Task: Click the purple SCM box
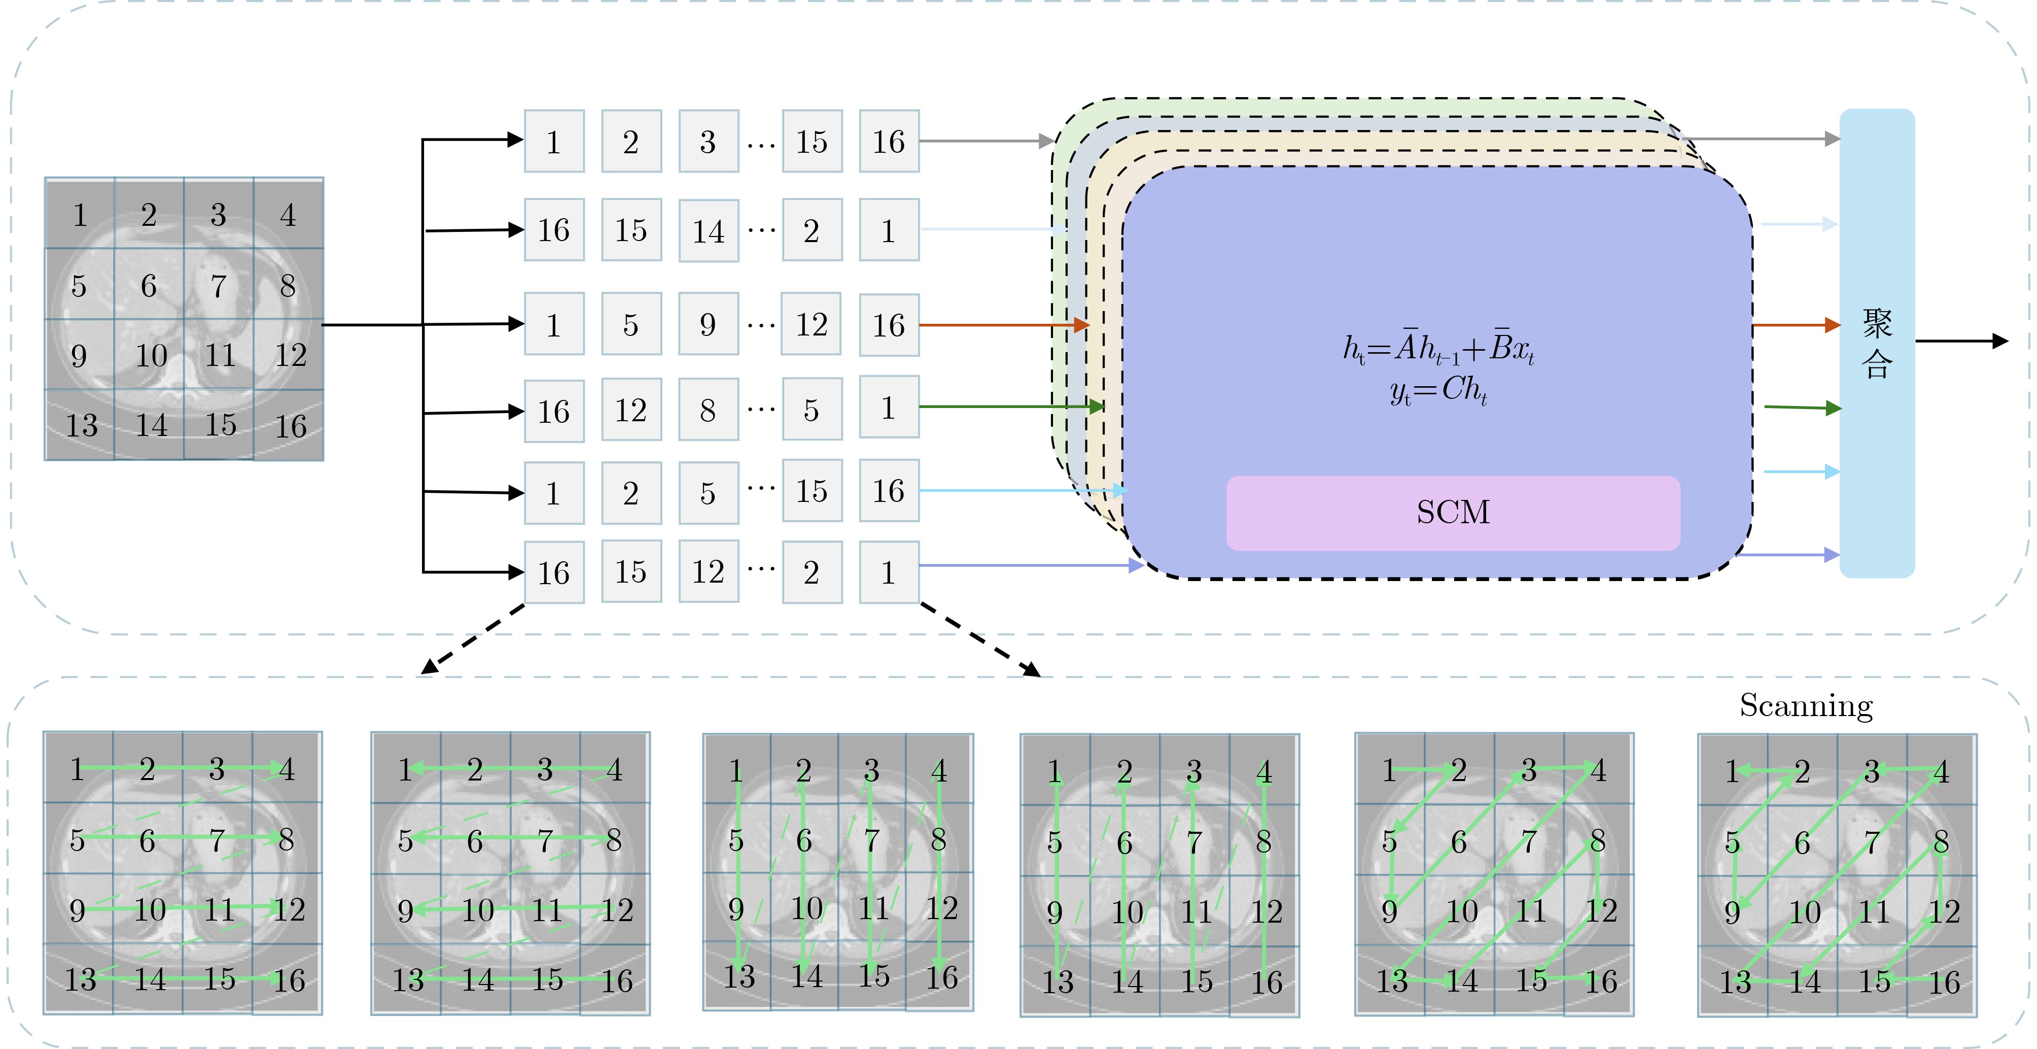point(1453,513)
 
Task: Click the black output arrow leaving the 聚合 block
point(1961,341)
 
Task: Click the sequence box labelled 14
point(709,231)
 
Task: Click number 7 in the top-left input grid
point(218,286)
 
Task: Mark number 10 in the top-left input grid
point(150,355)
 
